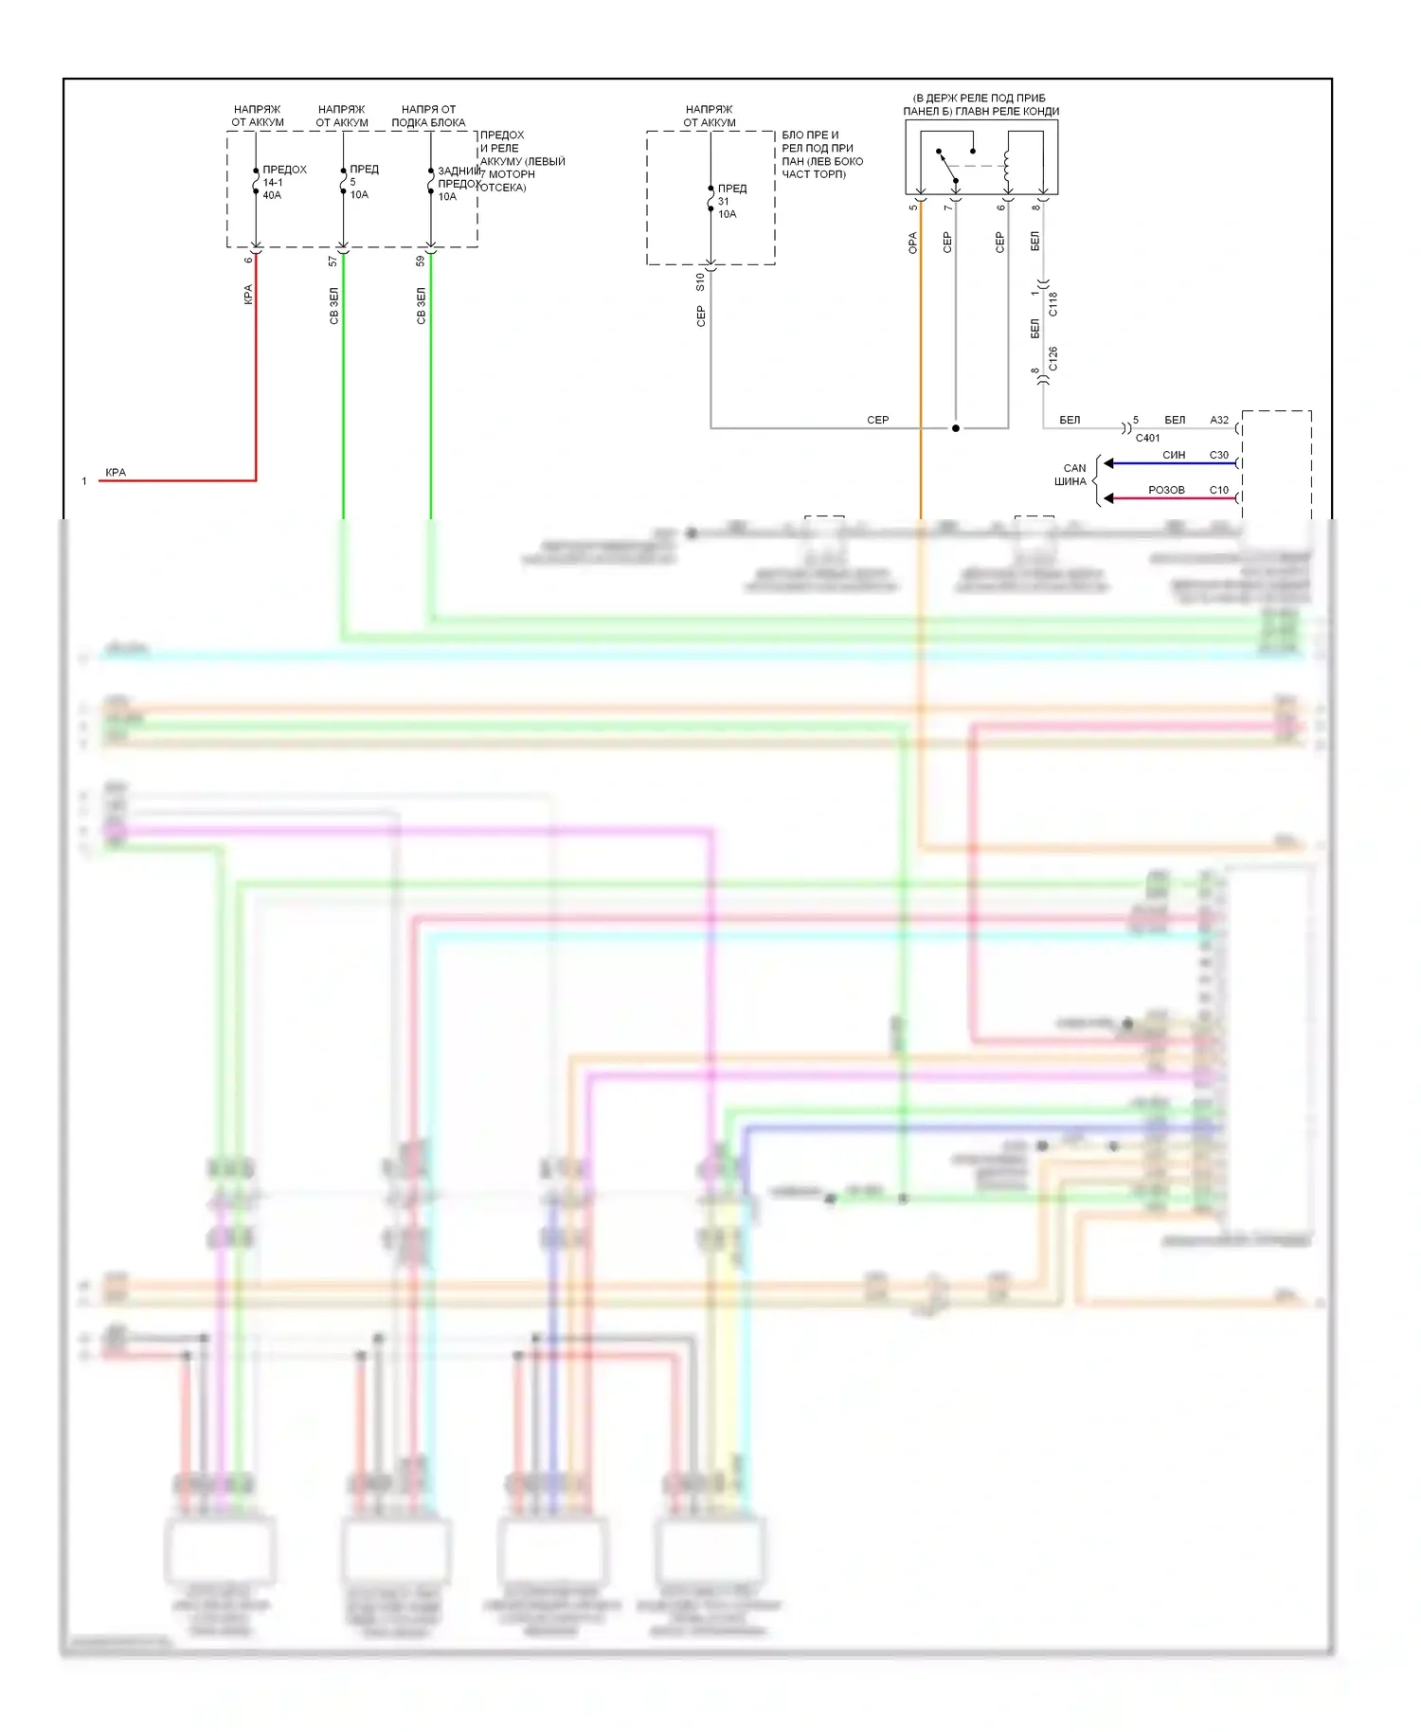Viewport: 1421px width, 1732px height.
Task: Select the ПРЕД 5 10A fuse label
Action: tap(362, 181)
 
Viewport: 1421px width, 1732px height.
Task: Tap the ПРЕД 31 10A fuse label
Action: tap(730, 201)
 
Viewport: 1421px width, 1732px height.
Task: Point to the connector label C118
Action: tap(1052, 303)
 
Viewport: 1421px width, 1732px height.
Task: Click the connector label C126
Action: tap(1052, 359)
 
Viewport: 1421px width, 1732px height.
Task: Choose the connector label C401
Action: tap(1147, 438)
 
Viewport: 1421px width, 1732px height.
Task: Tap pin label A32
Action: tap(1219, 420)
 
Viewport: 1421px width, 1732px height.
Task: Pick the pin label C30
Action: tap(1219, 455)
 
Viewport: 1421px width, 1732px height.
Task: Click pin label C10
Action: tap(1219, 490)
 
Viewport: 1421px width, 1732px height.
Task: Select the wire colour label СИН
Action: tap(1174, 455)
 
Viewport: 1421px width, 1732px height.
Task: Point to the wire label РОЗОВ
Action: tap(1166, 490)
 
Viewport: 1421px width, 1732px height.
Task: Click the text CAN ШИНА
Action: tap(1072, 475)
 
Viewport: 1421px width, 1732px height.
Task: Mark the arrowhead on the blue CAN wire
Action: tap(1108, 463)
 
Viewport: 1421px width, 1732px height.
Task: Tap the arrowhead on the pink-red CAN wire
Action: tap(1108, 498)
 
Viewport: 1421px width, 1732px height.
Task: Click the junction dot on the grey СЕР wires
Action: tap(956, 428)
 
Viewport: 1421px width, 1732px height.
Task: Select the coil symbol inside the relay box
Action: tap(1007, 165)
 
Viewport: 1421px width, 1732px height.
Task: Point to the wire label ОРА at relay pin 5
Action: tap(913, 243)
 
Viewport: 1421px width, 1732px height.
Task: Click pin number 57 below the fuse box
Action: tap(333, 261)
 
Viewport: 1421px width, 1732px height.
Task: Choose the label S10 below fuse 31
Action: tap(700, 281)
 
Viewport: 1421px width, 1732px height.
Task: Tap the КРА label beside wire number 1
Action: tap(116, 472)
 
